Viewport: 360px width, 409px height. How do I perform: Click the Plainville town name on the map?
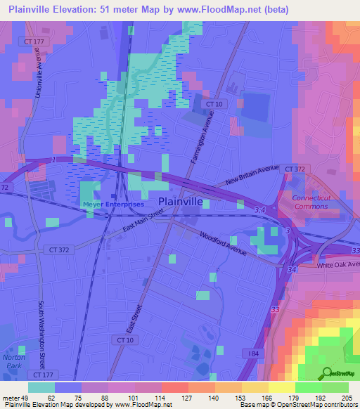181,202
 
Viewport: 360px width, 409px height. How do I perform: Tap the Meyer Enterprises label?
113,204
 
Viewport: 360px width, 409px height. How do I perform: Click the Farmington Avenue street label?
200,139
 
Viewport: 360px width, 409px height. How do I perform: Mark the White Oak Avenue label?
337,266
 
